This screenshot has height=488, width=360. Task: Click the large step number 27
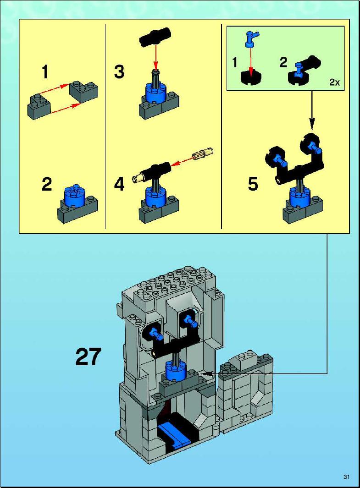pos(89,356)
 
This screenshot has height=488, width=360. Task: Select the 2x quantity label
pos(334,82)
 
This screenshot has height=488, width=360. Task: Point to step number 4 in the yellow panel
pos(119,184)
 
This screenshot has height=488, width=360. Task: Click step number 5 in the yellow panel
pos(253,184)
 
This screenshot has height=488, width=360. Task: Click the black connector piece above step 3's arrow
pos(155,38)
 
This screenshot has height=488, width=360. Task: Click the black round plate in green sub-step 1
pos(251,77)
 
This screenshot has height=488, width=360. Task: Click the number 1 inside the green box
pos(235,62)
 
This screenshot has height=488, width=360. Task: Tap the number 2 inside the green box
pos(282,62)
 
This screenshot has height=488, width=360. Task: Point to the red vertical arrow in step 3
pos(155,58)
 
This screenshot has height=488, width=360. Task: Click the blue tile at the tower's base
pos(174,435)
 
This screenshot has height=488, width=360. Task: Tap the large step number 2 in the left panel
pos(47,184)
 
